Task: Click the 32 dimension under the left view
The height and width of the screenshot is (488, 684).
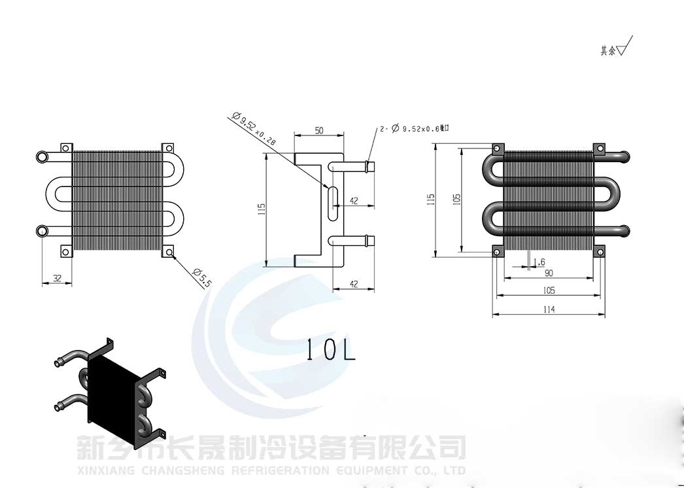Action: tap(57, 278)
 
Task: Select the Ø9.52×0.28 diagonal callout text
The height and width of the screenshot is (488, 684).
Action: tap(256, 129)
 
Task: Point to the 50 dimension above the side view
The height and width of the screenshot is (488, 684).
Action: tap(319, 130)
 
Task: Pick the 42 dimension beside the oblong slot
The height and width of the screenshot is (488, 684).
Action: tap(354, 201)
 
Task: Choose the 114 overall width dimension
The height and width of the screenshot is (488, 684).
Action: tap(549, 309)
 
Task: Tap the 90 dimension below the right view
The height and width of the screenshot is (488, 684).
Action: tap(549, 273)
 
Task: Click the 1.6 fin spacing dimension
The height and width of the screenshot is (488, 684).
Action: tap(539, 262)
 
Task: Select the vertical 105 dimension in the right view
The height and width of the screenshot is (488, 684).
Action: tap(456, 198)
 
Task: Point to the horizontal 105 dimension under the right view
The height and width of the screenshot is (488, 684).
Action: tap(549, 290)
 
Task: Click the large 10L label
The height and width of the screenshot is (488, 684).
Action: tap(331, 351)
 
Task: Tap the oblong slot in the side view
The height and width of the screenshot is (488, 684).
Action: tap(333, 197)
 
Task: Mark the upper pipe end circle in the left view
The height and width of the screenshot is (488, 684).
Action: tap(43, 157)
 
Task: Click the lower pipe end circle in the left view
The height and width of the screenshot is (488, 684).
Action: tap(43, 230)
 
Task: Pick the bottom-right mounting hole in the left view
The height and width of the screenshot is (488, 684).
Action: tap(168, 252)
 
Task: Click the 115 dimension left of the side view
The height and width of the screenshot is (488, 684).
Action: tap(262, 209)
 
